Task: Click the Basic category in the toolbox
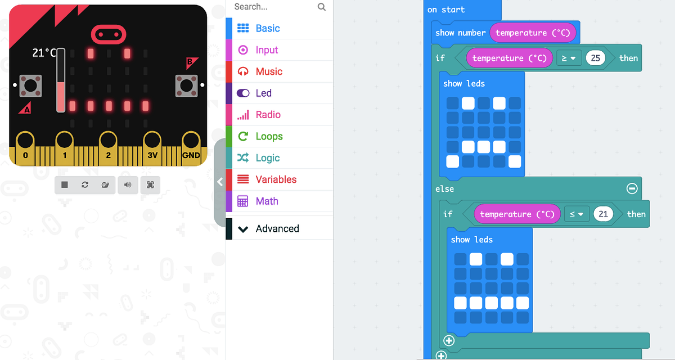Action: pos(267,28)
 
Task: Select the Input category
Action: pos(267,50)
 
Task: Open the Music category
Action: pos(269,71)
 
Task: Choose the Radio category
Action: pos(268,115)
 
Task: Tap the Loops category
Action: pos(269,136)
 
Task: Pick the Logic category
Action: pos(267,158)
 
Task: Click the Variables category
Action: pos(276,179)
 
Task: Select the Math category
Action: pos(267,201)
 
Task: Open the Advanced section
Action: pos(277,229)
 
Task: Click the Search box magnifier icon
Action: pos(322,7)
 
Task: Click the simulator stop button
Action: pos(65,184)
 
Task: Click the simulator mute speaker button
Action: pos(128,184)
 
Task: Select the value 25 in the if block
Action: pos(596,58)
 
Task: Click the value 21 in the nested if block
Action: pos(604,214)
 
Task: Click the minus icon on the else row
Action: pos(632,189)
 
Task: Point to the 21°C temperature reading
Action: pos(44,53)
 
